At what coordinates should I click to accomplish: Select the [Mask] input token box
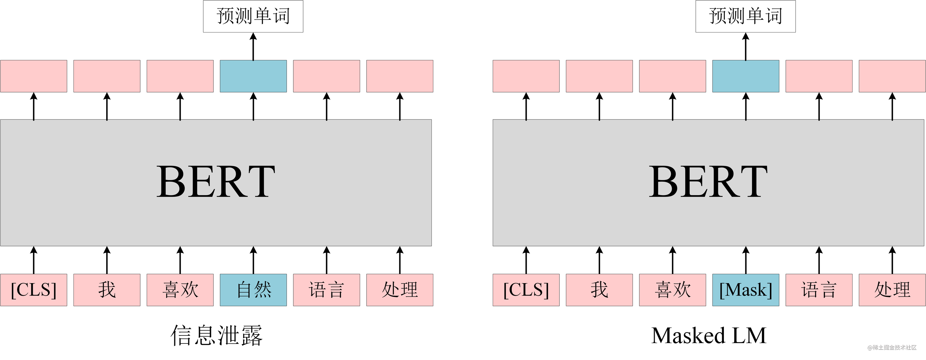click(x=746, y=290)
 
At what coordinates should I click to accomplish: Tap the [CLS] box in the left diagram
click(x=33, y=290)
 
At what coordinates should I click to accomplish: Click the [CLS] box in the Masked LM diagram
click(x=526, y=290)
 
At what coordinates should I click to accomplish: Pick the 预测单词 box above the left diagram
click(x=253, y=17)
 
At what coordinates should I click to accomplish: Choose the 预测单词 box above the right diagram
click(x=746, y=17)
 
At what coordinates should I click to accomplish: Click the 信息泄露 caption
click(x=216, y=335)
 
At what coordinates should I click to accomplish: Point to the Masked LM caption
click(x=709, y=335)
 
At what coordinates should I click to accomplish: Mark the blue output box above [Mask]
click(x=746, y=76)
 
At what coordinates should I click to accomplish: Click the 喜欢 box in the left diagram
click(x=180, y=290)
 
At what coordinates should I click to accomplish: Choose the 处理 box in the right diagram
click(x=892, y=290)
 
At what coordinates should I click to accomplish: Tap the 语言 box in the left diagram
click(x=326, y=290)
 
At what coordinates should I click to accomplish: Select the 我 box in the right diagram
click(x=599, y=290)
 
